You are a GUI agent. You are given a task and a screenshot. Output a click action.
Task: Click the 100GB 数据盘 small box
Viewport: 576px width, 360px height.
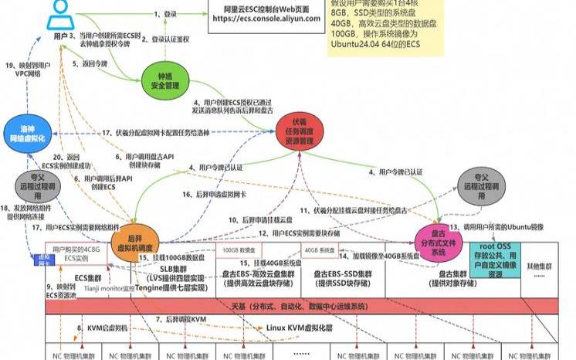[240, 250]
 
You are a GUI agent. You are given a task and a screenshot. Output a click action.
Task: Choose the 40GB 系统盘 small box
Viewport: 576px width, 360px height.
[320, 250]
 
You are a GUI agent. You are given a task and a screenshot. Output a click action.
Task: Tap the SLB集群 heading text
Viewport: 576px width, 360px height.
[176, 267]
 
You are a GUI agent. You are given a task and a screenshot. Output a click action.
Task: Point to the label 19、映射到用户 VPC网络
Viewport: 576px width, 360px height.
[29, 71]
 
